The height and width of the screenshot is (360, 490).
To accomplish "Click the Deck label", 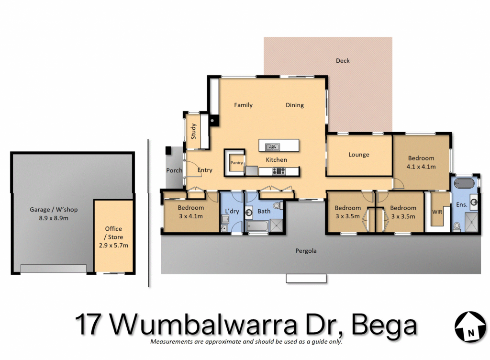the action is click(x=343, y=61).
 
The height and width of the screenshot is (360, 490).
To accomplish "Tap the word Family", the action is click(x=243, y=105).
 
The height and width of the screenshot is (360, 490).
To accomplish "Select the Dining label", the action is click(x=295, y=105).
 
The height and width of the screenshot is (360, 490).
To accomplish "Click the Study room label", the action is click(x=193, y=131).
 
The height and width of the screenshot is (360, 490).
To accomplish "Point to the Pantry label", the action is click(x=236, y=163).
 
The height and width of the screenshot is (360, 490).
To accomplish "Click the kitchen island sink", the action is click(x=272, y=146).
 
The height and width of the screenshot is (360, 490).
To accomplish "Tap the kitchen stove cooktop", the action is click(x=278, y=171).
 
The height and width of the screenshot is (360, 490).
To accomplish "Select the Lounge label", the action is click(x=359, y=155).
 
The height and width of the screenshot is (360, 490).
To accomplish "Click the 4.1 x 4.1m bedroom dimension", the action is click(x=421, y=167).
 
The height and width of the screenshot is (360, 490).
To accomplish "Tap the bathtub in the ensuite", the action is click(x=464, y=183).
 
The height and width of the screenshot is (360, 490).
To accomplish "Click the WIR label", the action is click(x=437, y=212).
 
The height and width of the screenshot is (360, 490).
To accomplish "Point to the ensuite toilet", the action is click(x=457, y=225).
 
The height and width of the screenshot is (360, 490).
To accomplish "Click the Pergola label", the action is click(x=306, y=251).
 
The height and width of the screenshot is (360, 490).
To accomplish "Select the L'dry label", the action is click(x=232, y=211).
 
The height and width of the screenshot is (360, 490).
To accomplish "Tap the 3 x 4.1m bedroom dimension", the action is click(x=190, y=216).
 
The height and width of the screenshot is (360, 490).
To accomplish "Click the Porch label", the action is click(x=174, y=170).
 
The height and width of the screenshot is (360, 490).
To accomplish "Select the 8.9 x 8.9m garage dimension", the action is click(x=54, y=218).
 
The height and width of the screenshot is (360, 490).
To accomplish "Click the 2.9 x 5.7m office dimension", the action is click(x=113, y=246).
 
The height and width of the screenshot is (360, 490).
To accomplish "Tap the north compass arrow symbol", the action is click(x=470, y=327).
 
